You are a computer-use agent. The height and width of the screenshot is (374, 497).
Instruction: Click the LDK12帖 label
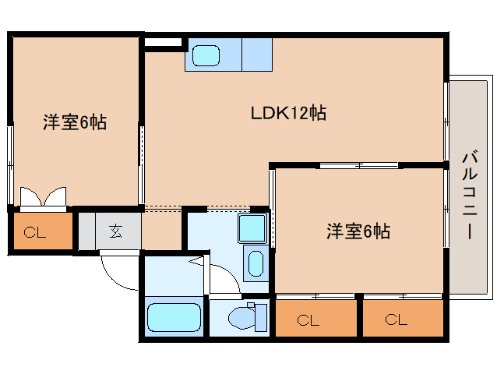point(287,114)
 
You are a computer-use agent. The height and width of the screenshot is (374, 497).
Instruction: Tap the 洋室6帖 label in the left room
point(74,122)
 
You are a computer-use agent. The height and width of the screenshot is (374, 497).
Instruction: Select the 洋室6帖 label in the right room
point(358,231)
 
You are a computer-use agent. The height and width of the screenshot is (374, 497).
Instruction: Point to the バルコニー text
point(469,192)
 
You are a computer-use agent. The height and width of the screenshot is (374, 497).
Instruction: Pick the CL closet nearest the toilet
point(308,319)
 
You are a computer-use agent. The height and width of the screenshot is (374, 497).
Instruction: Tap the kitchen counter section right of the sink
point(255,55)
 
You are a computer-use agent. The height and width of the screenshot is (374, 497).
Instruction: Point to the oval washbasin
point(254,263)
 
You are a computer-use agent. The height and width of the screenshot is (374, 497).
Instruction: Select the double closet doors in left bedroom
point(44,198)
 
